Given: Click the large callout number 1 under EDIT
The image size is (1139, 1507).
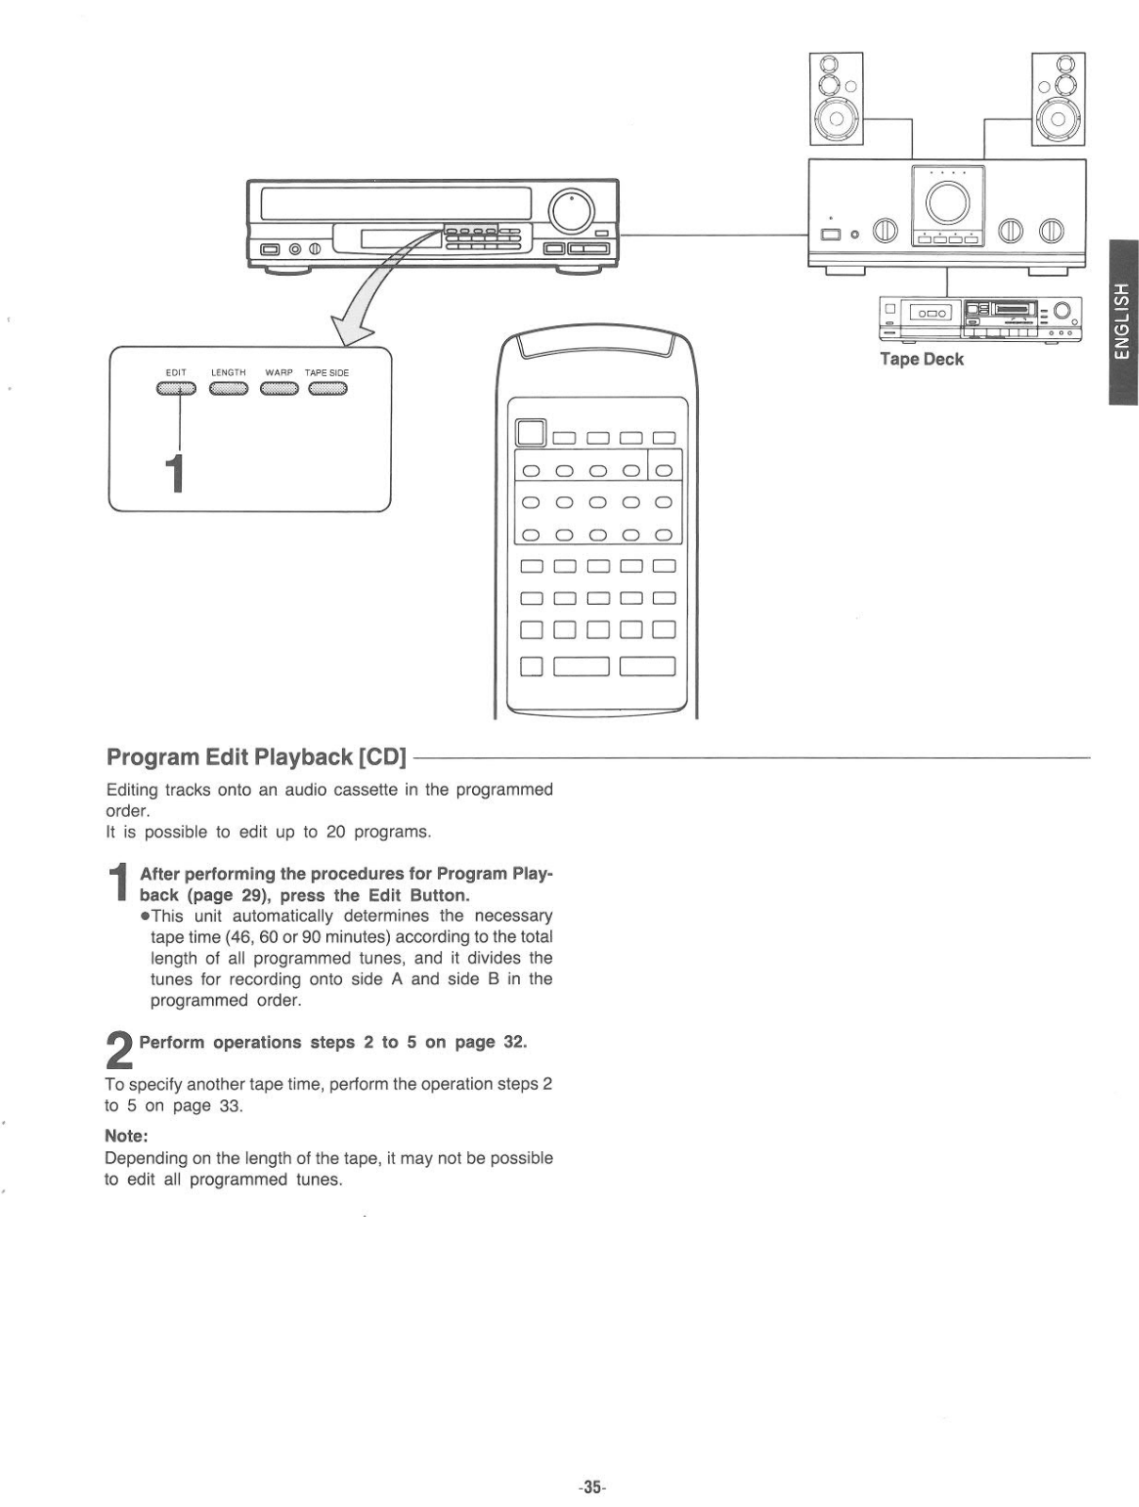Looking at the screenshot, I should (173, 474).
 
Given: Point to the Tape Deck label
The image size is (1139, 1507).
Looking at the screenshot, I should (921, 360).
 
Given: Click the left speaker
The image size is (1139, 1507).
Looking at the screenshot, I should (836, 99).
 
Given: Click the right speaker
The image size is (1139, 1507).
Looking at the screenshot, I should (1058, 99).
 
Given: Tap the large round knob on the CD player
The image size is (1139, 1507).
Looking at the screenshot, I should (572, 211).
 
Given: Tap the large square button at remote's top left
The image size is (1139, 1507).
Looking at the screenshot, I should (530, 433).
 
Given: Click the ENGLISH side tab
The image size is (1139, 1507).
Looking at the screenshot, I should (1122, 321).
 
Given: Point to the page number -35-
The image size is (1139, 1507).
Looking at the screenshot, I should (592, 1487).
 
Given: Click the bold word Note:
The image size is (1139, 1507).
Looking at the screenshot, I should (127, 1136).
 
